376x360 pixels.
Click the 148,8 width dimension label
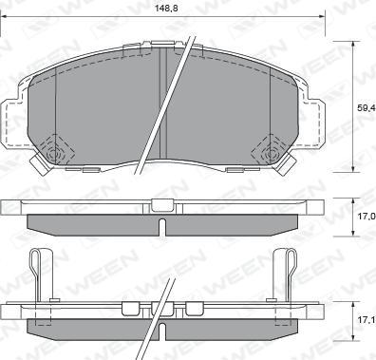(x=167, y=8)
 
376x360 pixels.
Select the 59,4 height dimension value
(x=366, y=106)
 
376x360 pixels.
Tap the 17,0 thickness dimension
(x=366, y=217)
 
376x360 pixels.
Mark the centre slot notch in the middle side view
(x=161, y=225)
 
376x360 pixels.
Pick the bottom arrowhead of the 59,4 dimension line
(x=353, y=170)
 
